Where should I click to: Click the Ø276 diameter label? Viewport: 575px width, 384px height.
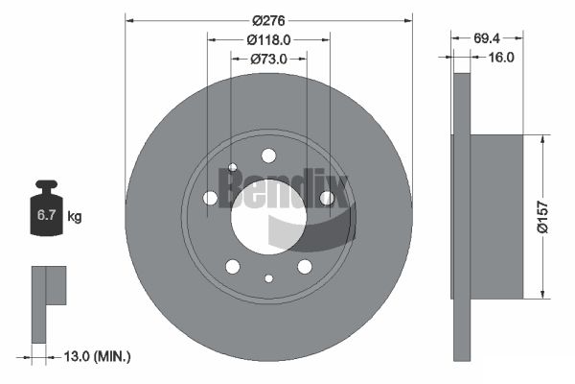coord(268,20)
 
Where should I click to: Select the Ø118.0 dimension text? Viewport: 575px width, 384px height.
coord(268,39)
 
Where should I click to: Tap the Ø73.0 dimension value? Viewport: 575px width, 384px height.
coord(268,59)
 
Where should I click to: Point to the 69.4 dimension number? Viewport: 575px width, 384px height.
coord(486,37)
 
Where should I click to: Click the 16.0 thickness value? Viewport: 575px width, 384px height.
coord(501,57)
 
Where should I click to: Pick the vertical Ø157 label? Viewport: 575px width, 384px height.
coord(542,217)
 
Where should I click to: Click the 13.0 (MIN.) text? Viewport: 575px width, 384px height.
coord(97,356)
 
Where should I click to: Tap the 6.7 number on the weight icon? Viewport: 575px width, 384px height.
coord(46,215)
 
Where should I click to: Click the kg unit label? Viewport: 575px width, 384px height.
coord(75,216)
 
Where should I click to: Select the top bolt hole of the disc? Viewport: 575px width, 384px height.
coord(268,156)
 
